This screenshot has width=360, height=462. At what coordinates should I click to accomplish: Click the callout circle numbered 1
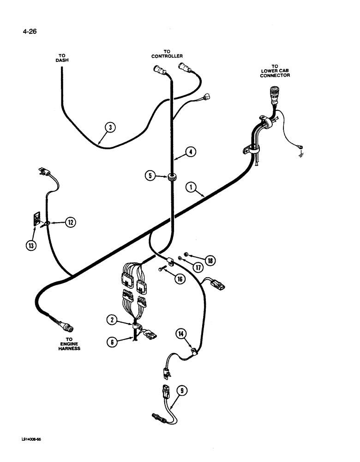(x=190, y=187)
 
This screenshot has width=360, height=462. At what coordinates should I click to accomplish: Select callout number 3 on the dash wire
(x=109, y=127)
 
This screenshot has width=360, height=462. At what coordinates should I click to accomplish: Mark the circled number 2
(x=111, y=319)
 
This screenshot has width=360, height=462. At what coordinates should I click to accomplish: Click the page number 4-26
(x=29, y=32)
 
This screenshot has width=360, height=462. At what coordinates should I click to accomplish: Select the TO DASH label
(x=62, y=58)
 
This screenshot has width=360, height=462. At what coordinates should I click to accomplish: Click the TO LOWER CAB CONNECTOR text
(x=275, y=71)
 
